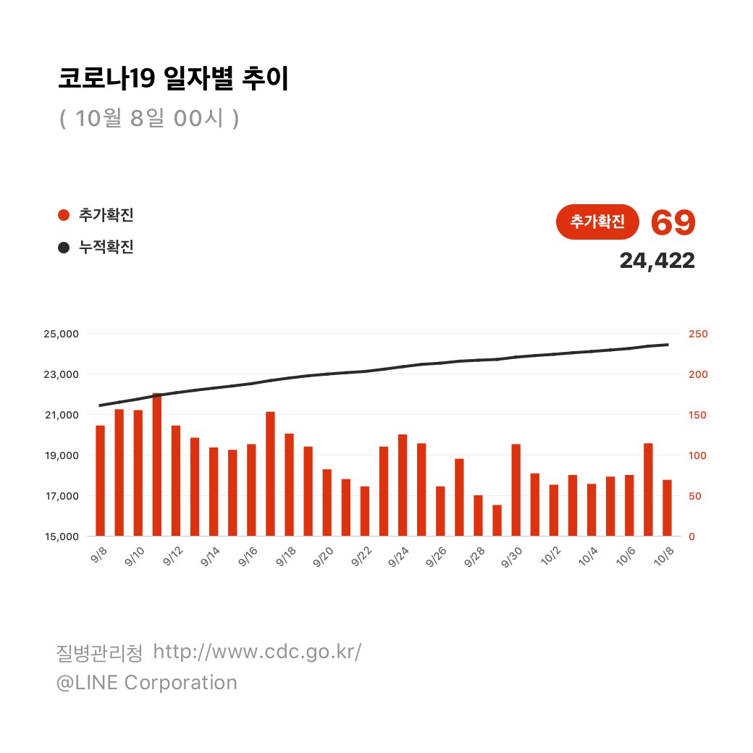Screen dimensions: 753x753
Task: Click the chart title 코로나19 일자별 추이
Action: [x=173, y=79]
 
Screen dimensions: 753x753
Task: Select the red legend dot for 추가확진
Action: [x=64, y=215]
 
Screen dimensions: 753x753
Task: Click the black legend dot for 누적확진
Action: [x=64, y=248]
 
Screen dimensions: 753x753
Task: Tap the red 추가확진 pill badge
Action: [x=597, y=222]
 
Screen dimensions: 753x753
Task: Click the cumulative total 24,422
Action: [x=657, y=261]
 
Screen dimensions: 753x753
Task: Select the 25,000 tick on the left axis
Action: [x=62, y=334]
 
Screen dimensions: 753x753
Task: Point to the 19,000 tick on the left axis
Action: [x=62, y=455]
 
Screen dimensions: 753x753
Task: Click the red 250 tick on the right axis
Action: [x=699, y=334]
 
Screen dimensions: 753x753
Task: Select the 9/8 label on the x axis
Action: [x=98, y=555]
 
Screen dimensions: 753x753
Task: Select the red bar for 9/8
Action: [x=101, y=481]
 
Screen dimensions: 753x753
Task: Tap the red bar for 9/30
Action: [x=516, y=490]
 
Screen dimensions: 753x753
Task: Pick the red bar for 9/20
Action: [x=327, y=502]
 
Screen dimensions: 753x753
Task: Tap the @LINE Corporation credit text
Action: [x=147, y=683]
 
